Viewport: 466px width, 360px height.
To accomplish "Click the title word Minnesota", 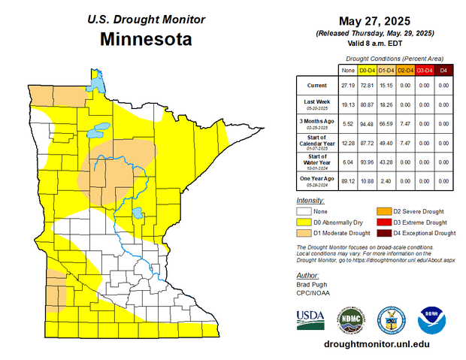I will pyautogui.click(x=145, y=38).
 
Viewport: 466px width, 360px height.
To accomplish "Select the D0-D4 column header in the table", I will pyautogui.click(x=368, y=70).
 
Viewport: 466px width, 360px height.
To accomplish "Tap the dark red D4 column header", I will pyautogui.click(x=443, y=70).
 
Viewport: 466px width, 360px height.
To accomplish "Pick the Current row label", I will pyautogui.click(x=316, y=86).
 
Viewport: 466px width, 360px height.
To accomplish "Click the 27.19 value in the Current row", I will pyautogui.click(x=348, y=86).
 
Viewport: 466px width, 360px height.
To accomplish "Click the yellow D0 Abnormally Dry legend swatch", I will pyautogui.click(x=305, y=222).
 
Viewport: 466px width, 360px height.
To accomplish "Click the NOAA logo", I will pyautogui.click(x=431, y=319).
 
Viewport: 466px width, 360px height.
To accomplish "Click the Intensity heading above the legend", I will pyautogui.click(x=310, y=201).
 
